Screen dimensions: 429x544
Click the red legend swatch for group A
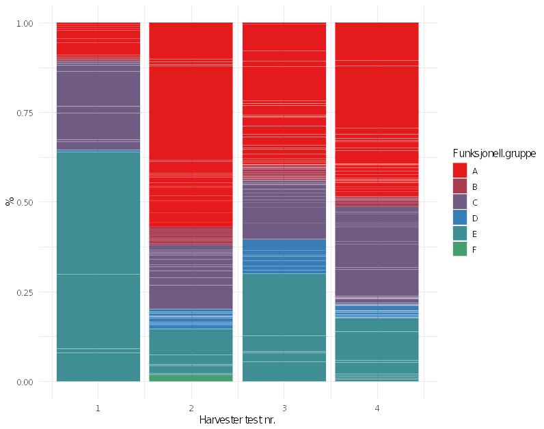[460, 170]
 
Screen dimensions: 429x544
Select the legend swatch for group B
[460, 186]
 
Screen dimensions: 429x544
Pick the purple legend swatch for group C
[460, 202]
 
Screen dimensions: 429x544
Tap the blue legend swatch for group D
[460, 217]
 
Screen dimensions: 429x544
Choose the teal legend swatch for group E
[460, 233]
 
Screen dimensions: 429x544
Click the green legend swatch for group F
[460, 249]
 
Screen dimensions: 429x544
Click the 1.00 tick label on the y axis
[25, 23]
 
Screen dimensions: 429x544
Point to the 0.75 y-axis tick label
[25, 113]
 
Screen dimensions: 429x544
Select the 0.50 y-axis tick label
[25, 202]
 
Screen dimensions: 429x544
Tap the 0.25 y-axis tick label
[25, 292]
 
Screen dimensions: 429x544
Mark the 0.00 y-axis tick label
[25, 382]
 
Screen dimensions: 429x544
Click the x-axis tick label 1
[98, 408]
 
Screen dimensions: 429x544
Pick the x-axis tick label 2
[191, 408]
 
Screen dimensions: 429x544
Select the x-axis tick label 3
[284, 408]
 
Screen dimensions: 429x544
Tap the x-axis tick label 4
[377, 408]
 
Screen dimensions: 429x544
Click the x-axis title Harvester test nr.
[237, 419]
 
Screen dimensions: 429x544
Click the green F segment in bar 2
[191, 377]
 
